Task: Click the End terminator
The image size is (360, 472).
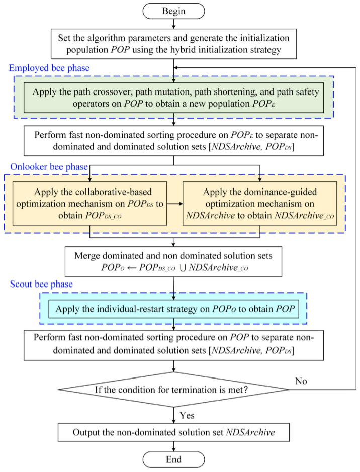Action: (x=173, y=459)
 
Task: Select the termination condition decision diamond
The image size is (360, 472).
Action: (x=173, y=389)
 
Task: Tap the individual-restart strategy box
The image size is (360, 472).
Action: (x=173, y=309)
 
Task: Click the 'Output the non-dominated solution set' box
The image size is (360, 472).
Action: (x=173, y=432)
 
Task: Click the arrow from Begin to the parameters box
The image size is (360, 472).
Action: (x=173, y=24)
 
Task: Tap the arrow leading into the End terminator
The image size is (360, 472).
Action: (x=173, y=446)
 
